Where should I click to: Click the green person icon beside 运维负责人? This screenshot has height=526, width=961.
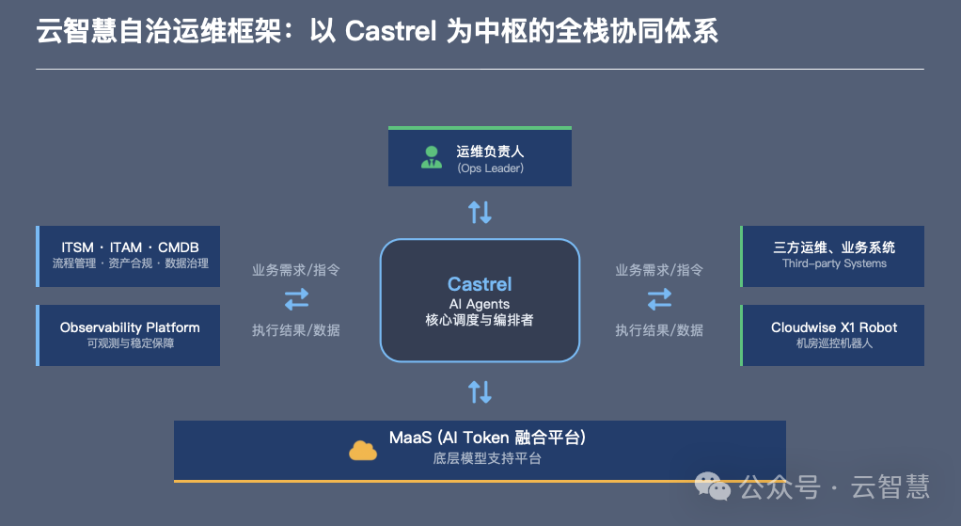point(432,157)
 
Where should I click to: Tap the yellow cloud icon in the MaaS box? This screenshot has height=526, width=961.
point(363,450)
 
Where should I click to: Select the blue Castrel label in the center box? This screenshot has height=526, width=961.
point(480,284)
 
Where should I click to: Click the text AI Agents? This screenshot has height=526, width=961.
point(480,304)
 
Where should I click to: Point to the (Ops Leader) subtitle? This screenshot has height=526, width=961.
point(490,168)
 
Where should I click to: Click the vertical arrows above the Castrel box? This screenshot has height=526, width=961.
point(480,212)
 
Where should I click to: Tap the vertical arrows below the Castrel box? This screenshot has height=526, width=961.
point(480,391)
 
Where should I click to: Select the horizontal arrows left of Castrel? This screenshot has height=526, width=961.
point(296,299)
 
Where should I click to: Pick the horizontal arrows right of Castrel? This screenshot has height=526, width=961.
point(659,299)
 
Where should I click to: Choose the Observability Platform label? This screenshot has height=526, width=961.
point(130,327)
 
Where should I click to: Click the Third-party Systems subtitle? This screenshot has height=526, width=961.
point(834,263)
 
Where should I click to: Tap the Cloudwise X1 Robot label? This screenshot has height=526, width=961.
point(834,327)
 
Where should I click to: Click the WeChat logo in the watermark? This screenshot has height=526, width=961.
point(712,486)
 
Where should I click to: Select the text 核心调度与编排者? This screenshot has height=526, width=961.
point(480,320)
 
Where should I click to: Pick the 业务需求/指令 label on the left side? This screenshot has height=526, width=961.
point(296,270)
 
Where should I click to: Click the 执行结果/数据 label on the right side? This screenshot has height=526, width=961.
point(659,330)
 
